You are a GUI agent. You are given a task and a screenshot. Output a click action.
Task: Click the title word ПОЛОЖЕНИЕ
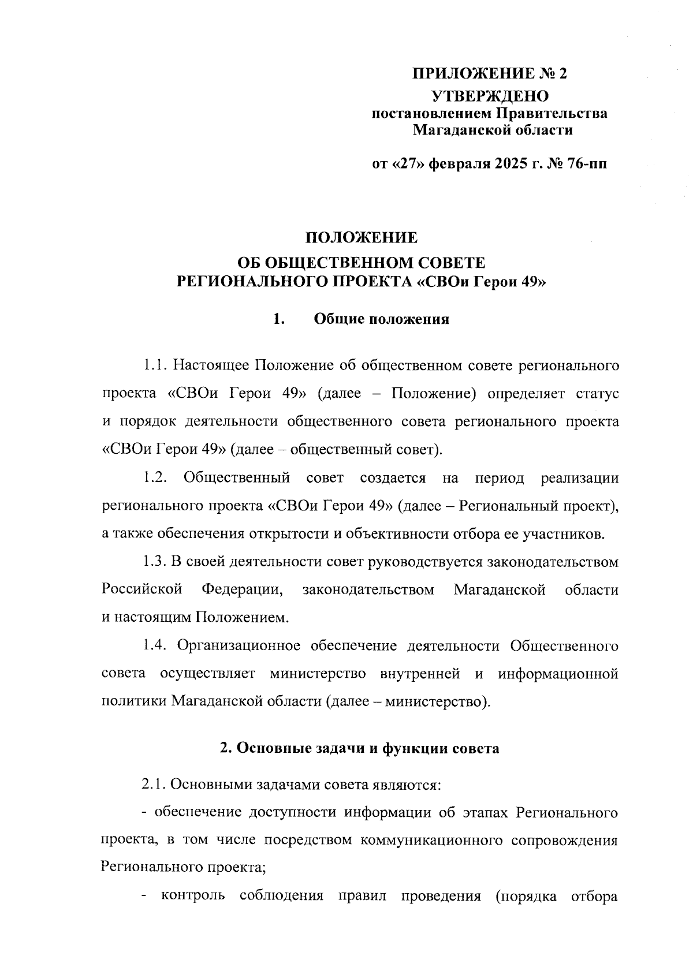[x=361, y=237]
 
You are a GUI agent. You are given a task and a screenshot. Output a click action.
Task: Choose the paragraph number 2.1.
[x=155, y=785]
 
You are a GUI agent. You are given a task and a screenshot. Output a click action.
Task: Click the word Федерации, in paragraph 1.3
[x=243, y=590]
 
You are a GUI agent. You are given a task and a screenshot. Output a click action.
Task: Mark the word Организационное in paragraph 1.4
[x=239, y=645]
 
